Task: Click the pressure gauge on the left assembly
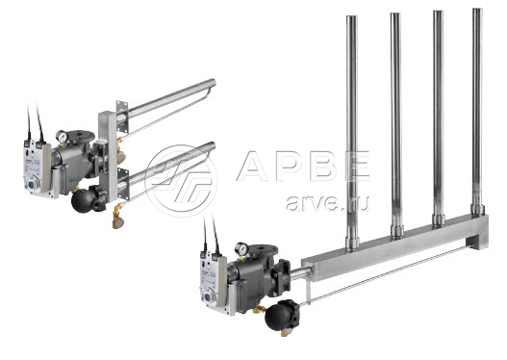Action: tap(62, 136)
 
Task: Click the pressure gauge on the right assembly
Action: tap(241, 248)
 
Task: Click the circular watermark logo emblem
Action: tap(181, 181)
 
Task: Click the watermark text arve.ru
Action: tap(327, 203)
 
